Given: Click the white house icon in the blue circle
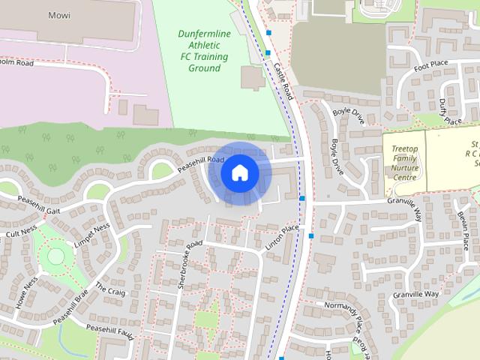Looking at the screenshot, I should coord(239,172).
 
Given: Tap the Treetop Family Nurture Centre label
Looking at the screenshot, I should coord(405,163).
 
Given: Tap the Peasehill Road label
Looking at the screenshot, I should coord(200,164).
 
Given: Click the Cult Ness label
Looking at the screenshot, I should coord(20,233).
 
